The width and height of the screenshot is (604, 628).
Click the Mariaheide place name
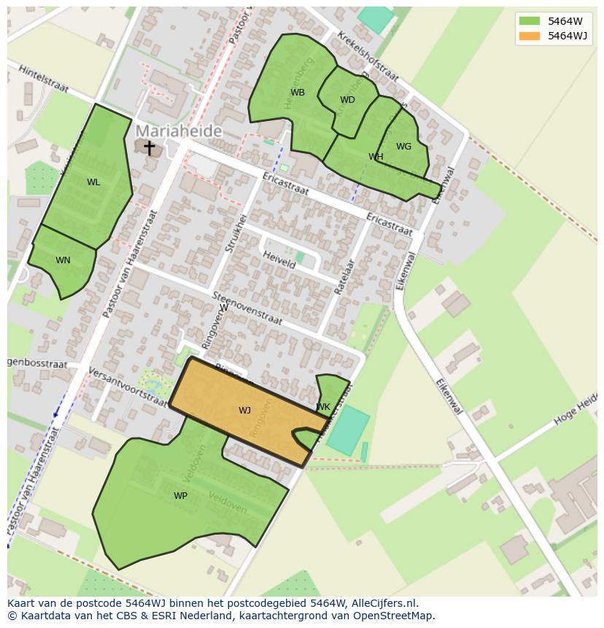coord(179,131)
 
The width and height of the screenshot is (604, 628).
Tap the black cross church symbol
coord(149,148)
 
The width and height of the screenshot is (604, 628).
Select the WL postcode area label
coord(93,182)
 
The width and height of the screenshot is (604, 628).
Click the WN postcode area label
coord(63,260)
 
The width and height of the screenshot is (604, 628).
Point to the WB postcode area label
coord(298,93)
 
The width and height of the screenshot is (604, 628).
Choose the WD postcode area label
coord(347,100)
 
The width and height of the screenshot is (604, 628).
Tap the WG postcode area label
coord(403,147)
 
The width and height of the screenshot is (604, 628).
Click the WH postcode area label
coord(376,157)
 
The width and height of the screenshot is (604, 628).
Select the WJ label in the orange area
coord(244,411)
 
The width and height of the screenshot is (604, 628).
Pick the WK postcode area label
coord(323,407)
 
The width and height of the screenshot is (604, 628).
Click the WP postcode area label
coord(180,496)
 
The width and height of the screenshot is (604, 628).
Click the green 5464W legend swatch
coord(529,20)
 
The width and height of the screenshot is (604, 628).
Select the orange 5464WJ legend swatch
coord(529,36)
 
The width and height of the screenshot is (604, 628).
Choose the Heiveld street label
coord(279,260)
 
